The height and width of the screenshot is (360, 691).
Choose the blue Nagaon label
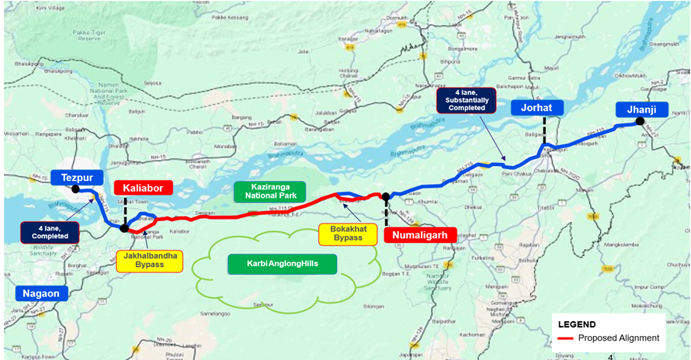pos(40,293)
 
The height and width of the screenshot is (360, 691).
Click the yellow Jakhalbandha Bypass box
pos(150,261)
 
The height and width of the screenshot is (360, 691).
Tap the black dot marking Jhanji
pos(640,121)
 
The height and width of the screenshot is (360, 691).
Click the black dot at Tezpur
pos(75,189)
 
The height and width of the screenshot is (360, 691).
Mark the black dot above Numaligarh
pos(386,196)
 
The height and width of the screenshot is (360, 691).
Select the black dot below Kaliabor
pos(124,228)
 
